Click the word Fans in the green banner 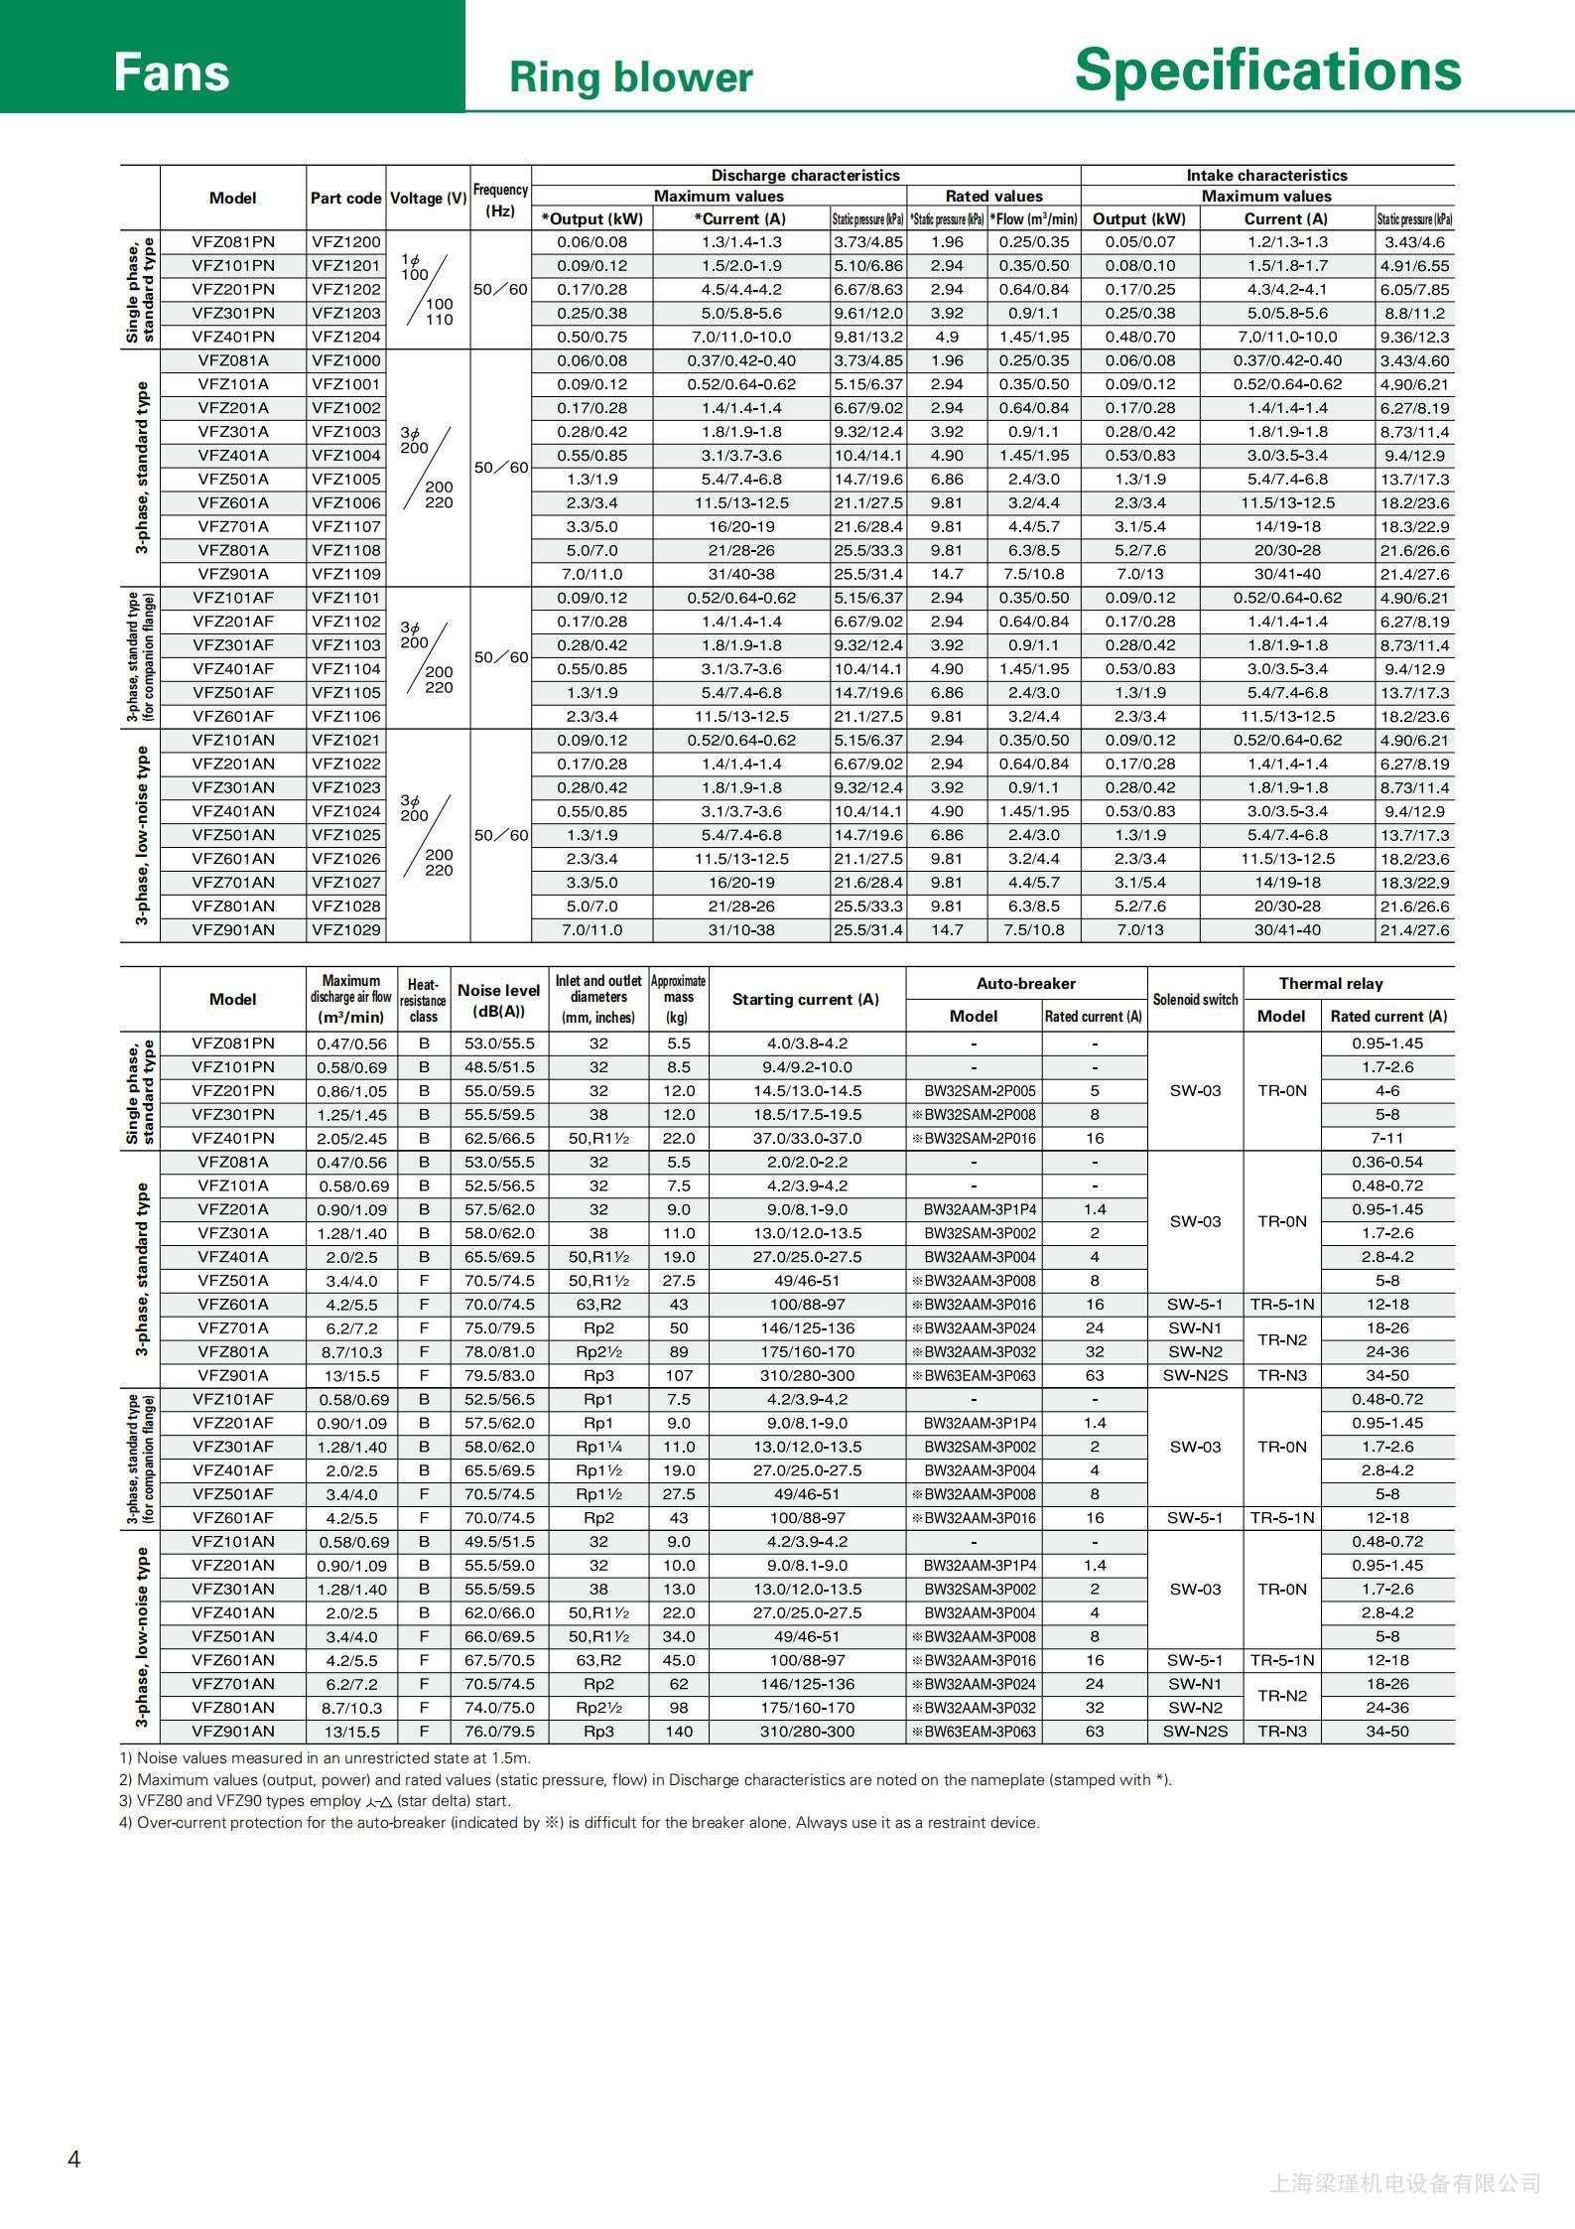click(171, 72)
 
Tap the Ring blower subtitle click(630, 77)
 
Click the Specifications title click(1267, 70)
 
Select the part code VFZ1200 click(345, 242)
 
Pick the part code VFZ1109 click(345, 574)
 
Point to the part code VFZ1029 click(345, 930)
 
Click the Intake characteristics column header click(1266, 176)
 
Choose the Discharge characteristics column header click(805, 176)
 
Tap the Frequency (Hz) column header click(500, 200)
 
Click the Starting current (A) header click(806, 1000)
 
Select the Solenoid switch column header click(1195, 1000)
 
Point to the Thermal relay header click(1330, 984)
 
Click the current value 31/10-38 click(741, 930)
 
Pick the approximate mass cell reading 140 click(679, 1732)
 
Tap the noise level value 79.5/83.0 click(498, 1376)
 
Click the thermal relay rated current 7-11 click(1386, 1139)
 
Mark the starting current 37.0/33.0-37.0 click(807, 1139)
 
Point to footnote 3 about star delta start click(315, 1801)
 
